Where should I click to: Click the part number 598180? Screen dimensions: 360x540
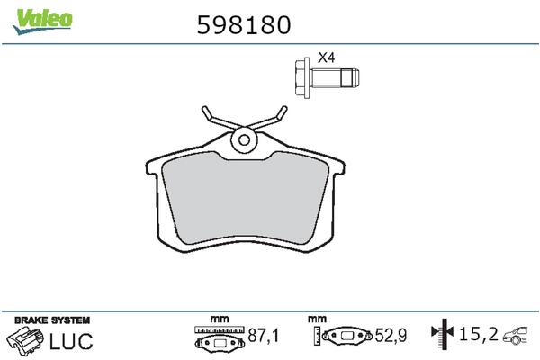(x=243, y=24)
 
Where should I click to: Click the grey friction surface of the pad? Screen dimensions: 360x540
(x=245, y=198)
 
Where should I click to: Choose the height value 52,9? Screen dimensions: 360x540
(x=392, y=337)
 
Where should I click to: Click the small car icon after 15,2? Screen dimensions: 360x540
(x=517, y=336)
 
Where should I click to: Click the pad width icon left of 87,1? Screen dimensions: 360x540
(x=219, y=338)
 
